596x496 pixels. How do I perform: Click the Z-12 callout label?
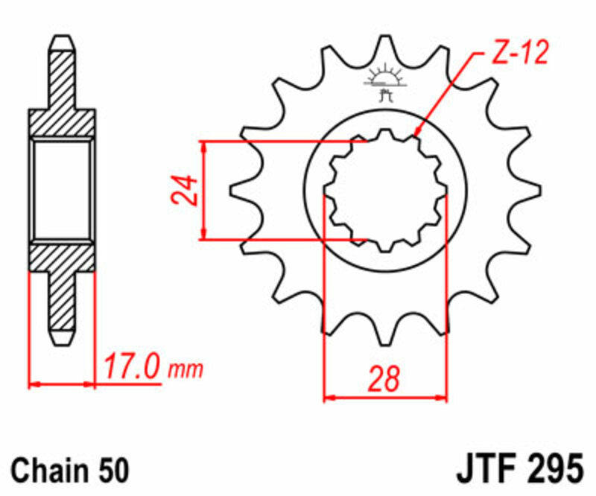(x=520, y=54)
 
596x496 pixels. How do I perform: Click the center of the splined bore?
(x=385, y=191)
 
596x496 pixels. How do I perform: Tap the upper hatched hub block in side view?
(x=63, y=123)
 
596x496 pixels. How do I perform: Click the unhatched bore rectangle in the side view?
(x=63, y=189)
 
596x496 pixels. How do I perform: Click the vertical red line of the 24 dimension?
(x=203, y=190)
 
